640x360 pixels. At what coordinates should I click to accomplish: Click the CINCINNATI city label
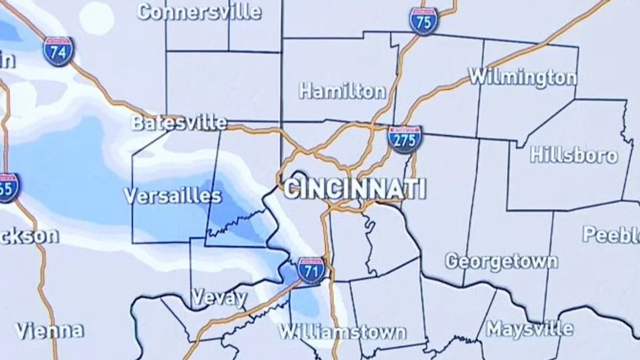point(355,189)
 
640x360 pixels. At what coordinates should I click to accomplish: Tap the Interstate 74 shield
point(58,51)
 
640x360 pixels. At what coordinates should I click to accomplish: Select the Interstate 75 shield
point(423,21)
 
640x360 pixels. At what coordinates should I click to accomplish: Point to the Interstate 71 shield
point(311,270)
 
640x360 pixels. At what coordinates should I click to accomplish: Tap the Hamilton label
point(343,91)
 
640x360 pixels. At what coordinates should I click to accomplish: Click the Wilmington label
point(523,77)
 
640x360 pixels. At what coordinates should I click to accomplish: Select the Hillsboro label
point(574,155)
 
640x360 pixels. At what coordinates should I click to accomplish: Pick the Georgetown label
point(501,262)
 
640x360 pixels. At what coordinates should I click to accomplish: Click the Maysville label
point(529,329)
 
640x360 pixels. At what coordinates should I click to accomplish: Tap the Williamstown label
point(342,332)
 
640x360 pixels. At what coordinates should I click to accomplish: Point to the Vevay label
point(219,297)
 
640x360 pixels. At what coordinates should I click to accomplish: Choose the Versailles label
point(173,196)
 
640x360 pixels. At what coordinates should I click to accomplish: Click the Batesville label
point(179,123)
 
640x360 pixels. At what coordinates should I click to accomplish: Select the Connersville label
point(199,12)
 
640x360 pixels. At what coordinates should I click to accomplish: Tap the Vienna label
point(49,331)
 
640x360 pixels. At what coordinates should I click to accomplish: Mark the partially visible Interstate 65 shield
point(8,188)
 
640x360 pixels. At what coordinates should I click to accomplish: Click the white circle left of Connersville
point(96,18)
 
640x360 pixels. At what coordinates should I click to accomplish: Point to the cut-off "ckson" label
point(29,236)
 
